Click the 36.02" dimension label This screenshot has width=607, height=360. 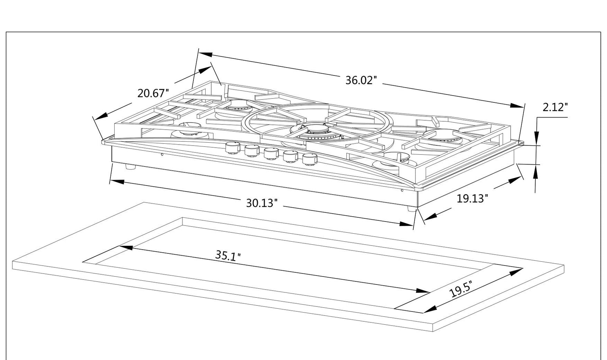[x=361, y=80]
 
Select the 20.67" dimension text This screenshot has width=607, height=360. [x=153, y=93]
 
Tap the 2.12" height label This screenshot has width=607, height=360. [x=555, y=107]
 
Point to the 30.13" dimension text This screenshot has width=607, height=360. [x=262, y=203]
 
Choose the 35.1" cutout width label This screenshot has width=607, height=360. [x=228, y=256]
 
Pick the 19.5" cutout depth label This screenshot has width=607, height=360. [x=461, y=289]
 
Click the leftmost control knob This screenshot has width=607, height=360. [x=233, y=147]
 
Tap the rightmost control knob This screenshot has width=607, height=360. [x=310, y=159]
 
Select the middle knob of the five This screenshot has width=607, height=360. [x=271, y=153]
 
